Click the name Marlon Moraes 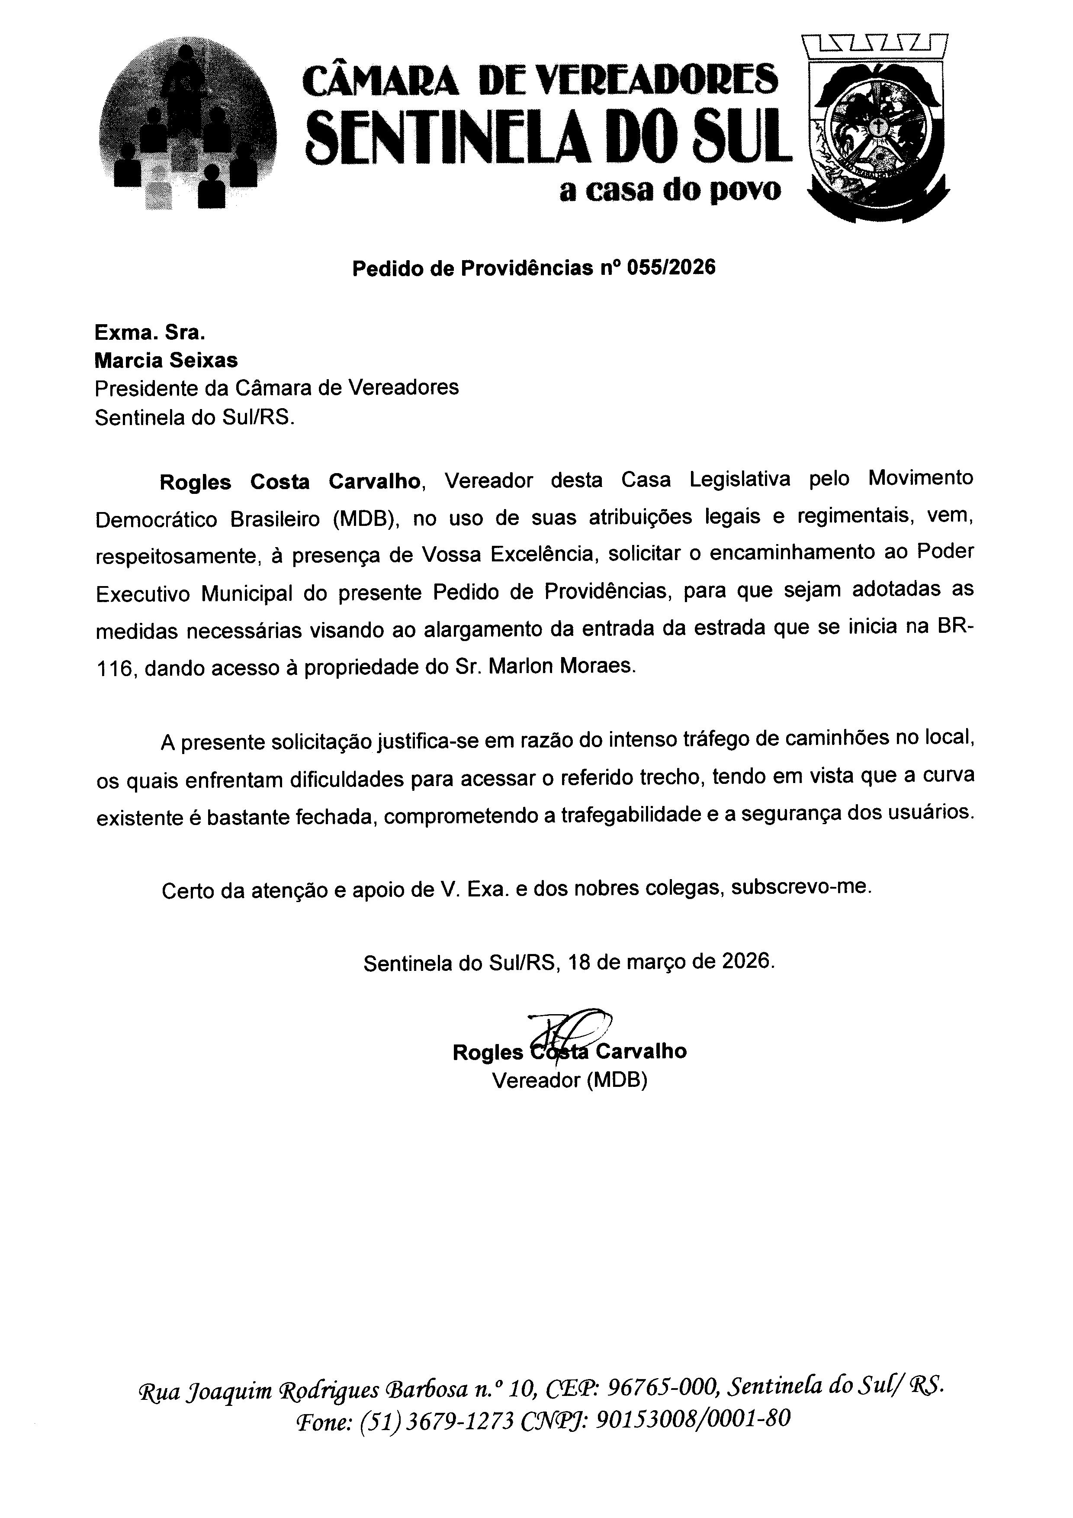coord(562,666)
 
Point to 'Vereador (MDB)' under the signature coord(569,1080)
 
